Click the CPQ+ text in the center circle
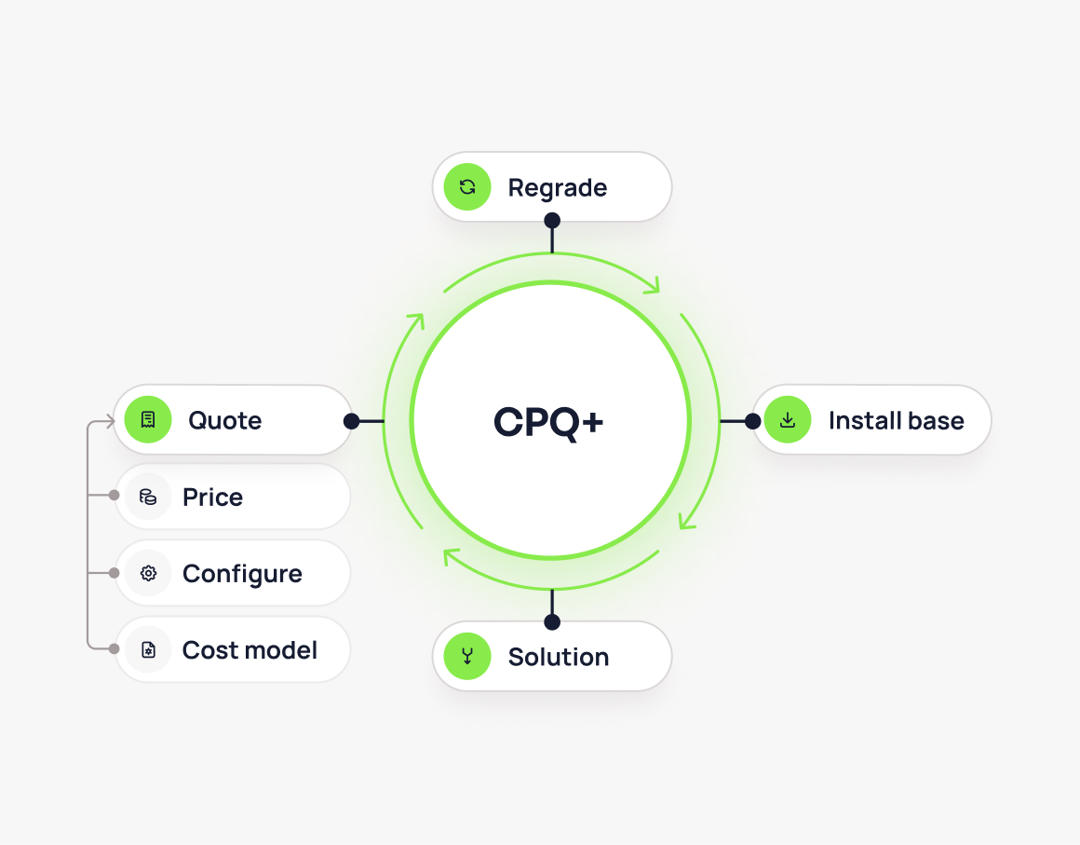point(549,422)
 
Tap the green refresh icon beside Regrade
point(467,187)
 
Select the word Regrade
point(557,188)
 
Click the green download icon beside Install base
point(788,420)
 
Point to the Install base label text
point(896,421)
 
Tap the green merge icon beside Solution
point(467,656)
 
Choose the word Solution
point(558,657)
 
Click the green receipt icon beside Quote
point(148,420)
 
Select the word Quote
point(224,421)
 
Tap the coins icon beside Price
point(148,497)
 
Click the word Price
point(212,497)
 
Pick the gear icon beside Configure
point(148,573)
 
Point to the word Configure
point(242,574)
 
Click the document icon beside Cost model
point(148,649)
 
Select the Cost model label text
point(250,650)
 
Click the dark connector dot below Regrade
point(552,221)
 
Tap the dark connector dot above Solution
point(552,621)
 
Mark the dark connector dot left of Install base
point(752,421)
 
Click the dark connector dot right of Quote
point(351,421)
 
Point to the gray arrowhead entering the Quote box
point(109,421)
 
